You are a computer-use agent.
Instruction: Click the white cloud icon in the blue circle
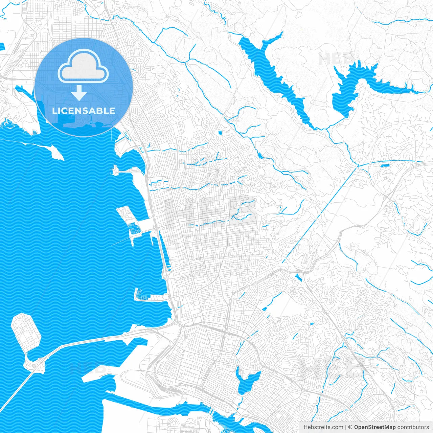pyautogui.click(x=83, y=66)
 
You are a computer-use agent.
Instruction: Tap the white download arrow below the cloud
pyautogui.click(x=79, y=93)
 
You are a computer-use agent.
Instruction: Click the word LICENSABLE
pyautogui.click(x=84, y=111)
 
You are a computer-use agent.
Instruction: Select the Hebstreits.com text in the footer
pyautogui.click(x=323, y=427)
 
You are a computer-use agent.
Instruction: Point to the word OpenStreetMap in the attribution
pyautogui.click(x=374, y=427)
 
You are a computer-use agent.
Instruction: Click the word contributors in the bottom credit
pyautogui.click(x=413, y=427)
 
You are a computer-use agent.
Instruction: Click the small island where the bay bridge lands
pyautogui.click(x=34, y=364)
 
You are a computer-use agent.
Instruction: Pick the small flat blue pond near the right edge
pyautogui.click(x=385, y=166)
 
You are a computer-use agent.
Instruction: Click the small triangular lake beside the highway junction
pyautogui.click(x=298, y=278)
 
